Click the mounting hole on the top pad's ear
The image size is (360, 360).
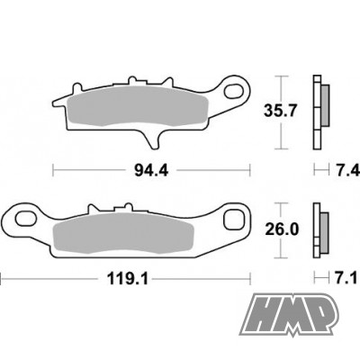(238, 90)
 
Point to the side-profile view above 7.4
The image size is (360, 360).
(318, 112)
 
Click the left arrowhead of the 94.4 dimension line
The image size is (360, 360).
(55, 168)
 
